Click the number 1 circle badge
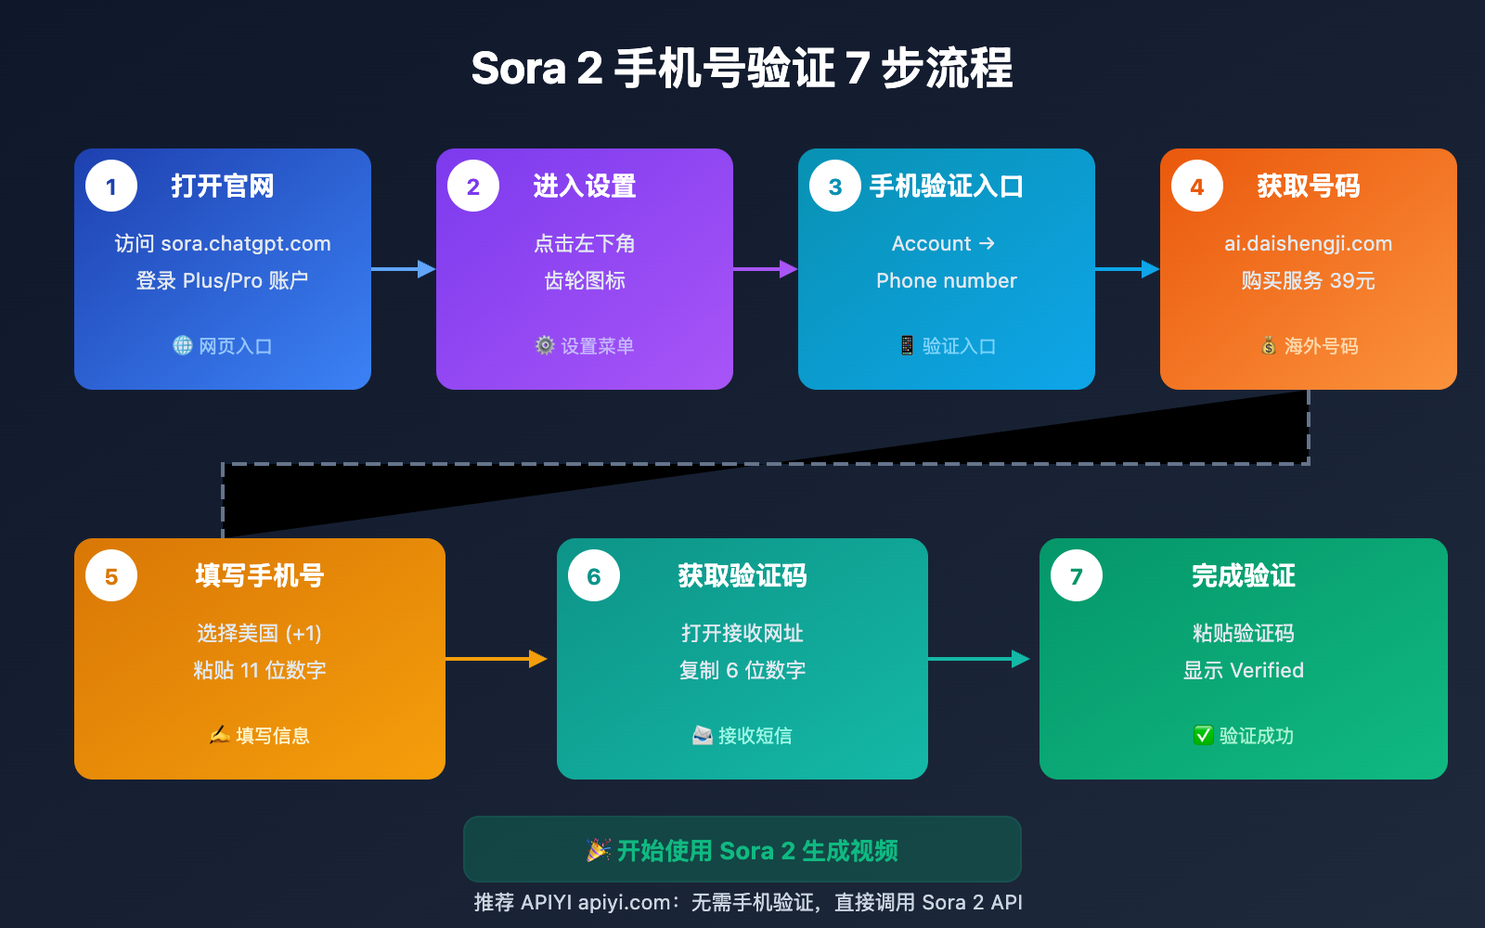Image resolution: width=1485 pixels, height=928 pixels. tap(111, 186)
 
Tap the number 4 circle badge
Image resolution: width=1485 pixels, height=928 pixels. tap(1197, 186)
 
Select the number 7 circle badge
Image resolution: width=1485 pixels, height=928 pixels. tap(1077, 575)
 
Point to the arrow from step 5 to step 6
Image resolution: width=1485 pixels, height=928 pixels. tap(497, 659)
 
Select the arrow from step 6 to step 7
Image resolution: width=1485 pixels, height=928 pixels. tap(979, 659)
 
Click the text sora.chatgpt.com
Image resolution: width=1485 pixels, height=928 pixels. tap(246, 244)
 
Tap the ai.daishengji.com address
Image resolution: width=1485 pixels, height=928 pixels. tap(1308, 244)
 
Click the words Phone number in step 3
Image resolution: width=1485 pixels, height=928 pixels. tap(947, 281)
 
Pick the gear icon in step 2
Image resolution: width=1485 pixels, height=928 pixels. tap(545, 345)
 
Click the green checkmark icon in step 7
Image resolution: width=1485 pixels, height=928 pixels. tap(1203, 735)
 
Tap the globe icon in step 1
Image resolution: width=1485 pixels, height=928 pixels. tap(183, 345)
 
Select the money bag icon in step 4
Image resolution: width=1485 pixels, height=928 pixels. tap(1269, 345)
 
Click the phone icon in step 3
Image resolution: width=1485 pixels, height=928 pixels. tap(907, 345)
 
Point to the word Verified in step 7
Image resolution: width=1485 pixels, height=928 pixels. tap(1267, 670)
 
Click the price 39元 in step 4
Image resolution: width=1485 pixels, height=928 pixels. tap(1352, 281)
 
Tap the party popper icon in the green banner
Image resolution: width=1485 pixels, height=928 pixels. tap(599, 850)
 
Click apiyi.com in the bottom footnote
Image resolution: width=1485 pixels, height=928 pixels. tap(625, 902)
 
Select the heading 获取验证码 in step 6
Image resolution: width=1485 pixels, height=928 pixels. tap(742, 576)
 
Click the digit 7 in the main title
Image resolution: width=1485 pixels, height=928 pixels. tap(858, 69)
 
